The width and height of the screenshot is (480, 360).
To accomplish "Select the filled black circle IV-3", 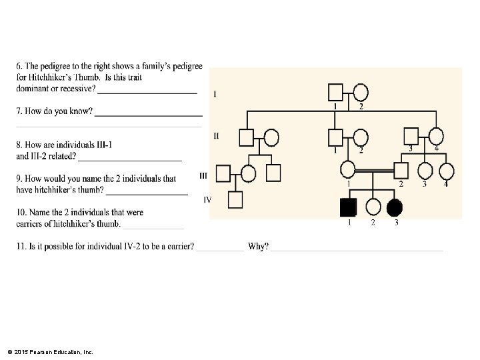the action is [395, 207].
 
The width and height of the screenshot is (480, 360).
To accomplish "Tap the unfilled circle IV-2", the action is [373, 207].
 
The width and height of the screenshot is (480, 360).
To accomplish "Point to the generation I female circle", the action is [360, 92].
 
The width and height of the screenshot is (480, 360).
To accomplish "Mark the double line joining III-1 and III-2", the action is [374, 171].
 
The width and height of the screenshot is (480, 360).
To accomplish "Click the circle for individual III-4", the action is [445, 171].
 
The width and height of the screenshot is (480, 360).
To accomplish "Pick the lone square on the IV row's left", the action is [235, 199].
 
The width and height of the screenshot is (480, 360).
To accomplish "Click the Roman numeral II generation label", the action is [216, 135].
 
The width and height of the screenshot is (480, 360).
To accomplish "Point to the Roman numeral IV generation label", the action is [207, 199].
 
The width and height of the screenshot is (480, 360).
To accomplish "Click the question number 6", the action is [19, 67].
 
